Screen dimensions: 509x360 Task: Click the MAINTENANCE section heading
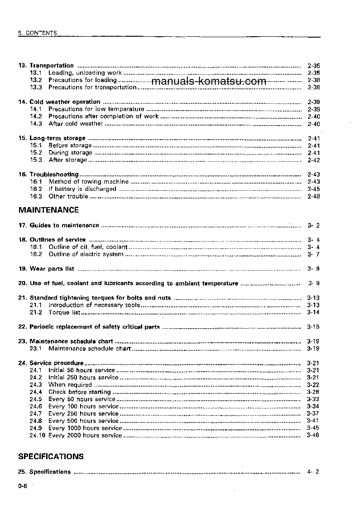coord(48,210)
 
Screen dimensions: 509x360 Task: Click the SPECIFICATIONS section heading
coord(51,456)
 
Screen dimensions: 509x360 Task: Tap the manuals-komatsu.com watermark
coord(209,82)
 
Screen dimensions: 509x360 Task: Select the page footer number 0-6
coord(23,486)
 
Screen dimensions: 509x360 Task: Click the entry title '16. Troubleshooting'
coord(48,175)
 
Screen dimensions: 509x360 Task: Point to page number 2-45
coord(313,189)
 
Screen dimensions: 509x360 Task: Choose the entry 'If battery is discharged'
coord(82,189)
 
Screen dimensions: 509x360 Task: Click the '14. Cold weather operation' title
coord(59,102)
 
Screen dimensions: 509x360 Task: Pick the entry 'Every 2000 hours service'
coord(85,436)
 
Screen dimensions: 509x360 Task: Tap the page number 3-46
coord(313,436)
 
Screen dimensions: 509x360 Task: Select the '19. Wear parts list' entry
coord(46,269)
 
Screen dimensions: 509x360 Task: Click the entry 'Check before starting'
coord(79,392)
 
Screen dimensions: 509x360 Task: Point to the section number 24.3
coord(36,385)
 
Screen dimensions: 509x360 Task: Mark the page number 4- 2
coord(313,472)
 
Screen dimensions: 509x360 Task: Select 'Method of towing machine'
coord(88,182)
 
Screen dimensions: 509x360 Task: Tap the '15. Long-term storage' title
coord(52,138)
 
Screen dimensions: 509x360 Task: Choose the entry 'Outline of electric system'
coord(86,254)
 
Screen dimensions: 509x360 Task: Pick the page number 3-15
coord(313,327)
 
